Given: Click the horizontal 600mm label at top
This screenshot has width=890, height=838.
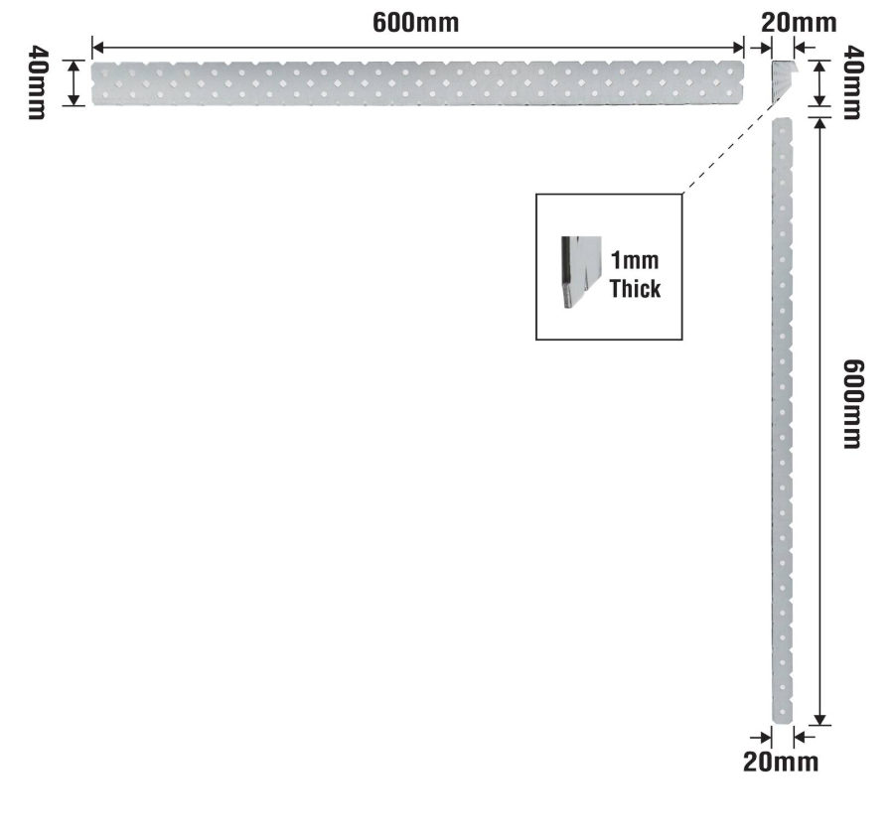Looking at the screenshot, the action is (x=415, y=23).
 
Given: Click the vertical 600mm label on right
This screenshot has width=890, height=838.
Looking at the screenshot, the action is (x=852, y=403).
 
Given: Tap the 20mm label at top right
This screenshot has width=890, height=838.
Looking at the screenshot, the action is (x=799, y=23).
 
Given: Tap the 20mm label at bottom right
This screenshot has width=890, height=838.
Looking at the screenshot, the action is (x=781, y=762).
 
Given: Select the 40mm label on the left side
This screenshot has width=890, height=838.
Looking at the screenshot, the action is (x=38, y=82).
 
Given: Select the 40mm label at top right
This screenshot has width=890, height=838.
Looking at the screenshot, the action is (x=853, y=82).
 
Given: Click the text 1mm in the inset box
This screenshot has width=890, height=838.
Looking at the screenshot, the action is (x=635, y=260).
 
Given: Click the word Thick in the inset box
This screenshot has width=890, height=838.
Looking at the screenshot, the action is (x=635, y=288).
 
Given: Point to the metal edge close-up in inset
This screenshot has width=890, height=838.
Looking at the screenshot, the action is (x=581, y=272).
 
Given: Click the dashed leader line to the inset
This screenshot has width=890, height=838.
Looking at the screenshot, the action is (x=736, y=144).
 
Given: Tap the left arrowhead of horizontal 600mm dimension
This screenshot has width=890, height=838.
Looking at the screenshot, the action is (x=97, y=48).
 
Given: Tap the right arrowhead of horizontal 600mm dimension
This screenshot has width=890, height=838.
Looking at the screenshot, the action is (x=738, y=48).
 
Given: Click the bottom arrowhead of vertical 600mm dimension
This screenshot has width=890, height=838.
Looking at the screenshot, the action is (x=819, y=720).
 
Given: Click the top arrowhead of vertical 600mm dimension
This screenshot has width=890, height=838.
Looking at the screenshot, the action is (x=819, y=123).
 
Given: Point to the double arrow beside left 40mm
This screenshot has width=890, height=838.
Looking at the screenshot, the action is (x=74, y=82).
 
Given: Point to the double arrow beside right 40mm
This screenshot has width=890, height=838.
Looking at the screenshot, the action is (x=819, y=82).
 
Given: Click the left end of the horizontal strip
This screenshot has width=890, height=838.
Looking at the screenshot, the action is (x=92, y=83).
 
